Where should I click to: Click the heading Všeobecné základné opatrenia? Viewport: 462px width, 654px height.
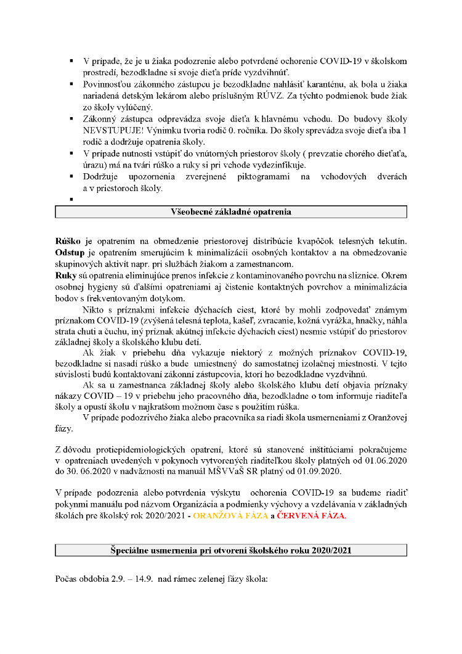tap(231, 212)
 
